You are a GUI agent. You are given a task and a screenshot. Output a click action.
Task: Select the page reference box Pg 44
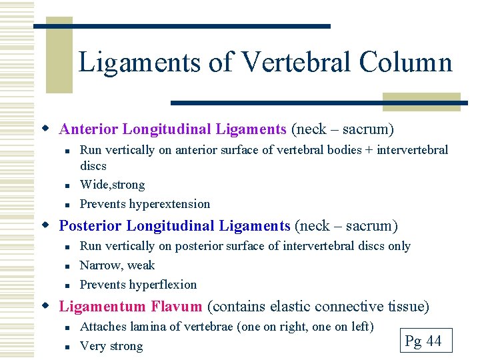pos(423,341)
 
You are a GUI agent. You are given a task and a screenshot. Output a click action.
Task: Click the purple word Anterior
pos(89,129)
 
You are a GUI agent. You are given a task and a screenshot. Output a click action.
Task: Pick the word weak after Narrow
pos(141,265)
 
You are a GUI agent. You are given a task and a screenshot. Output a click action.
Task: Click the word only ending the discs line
pos(399,246)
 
